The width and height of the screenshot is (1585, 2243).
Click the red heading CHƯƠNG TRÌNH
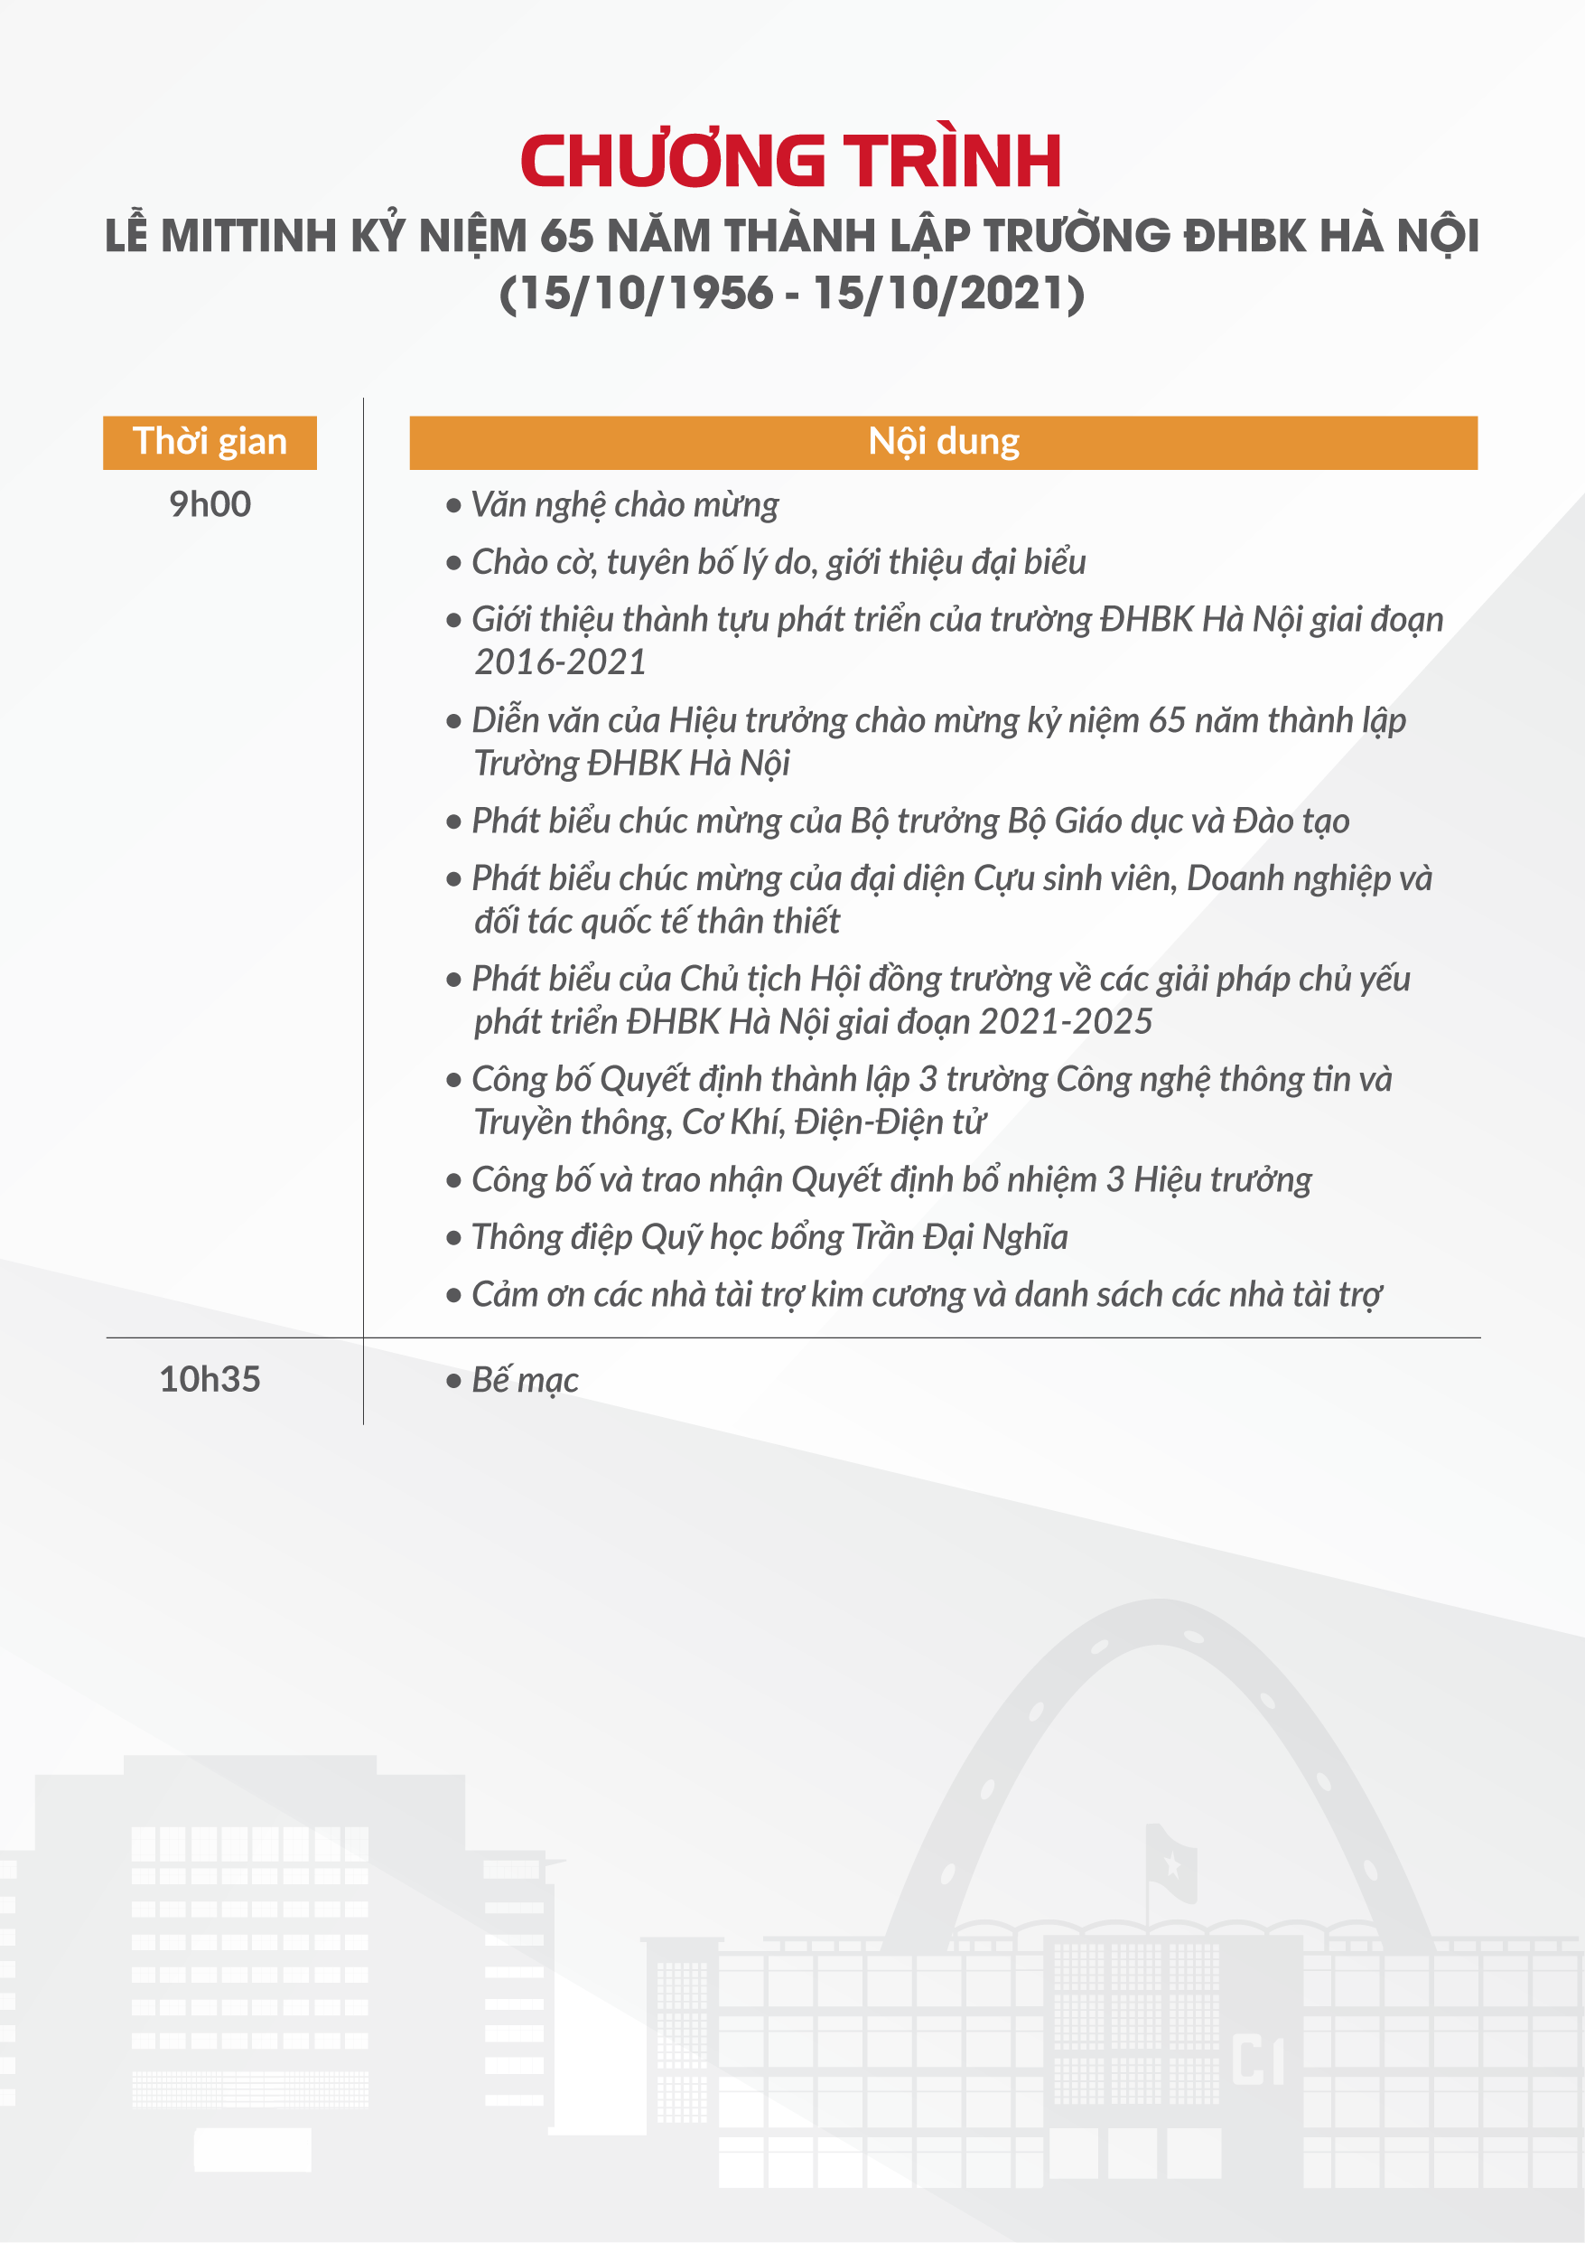tap(791, 161)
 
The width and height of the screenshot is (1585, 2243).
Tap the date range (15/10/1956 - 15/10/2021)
tap(792, 293)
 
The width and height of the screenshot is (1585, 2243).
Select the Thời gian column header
tap(210, 443)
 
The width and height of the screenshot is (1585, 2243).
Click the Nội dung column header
tap(944, 443)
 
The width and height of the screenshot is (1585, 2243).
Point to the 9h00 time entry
tap(210, 505)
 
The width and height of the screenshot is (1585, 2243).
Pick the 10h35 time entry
tap(210, 1379)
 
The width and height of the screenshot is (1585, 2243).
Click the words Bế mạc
tap(526, 1380)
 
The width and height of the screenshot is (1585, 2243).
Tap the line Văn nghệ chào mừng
tap(625, 505)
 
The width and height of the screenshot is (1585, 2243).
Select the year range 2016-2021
tap(561, 662)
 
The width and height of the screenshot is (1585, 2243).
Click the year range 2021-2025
tap(1066, 1022)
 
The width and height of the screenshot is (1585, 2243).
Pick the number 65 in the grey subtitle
tap(566, 237)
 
